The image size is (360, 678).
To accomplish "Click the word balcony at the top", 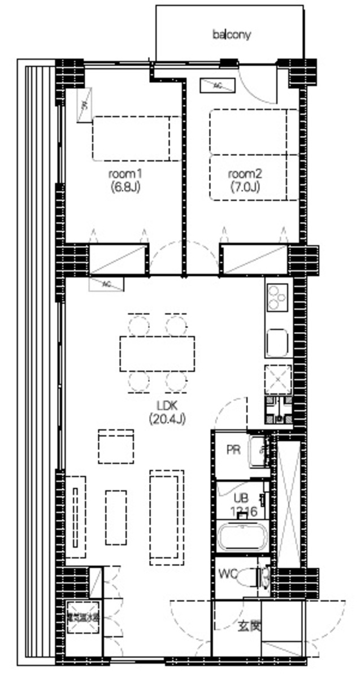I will pyautogui.click(x=231, y=35).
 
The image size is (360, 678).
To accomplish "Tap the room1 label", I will pyautogui.click(x=124, y=173).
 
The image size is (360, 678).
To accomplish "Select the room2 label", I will pyautogui.click(x=245, y=173).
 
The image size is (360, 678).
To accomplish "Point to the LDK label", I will pyautogui.click(x=167, y=405).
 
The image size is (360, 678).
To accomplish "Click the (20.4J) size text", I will pyautogui.click(x=167, y=419).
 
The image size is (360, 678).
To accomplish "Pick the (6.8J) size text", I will pyautogui.click(x=124, y=186).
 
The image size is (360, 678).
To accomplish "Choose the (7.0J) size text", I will pyautogui.click(x=245, y=186).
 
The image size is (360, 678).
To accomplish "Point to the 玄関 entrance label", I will pyautogui.click(x=249, y=626).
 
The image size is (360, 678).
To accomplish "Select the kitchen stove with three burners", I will pyautogui.click(x=277, y=297).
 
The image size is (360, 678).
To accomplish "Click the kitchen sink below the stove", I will pyautogui.click(x=277, y=342).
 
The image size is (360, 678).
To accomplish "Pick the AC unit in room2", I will pyautogui.click(x=217, y=86).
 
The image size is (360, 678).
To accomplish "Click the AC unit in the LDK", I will pyautogui.click(x=106, y=284).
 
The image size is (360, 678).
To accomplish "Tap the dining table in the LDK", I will pyautogui.click(x=157, y=354).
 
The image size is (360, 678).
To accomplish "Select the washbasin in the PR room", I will pyautogui.click(x=259, y=450).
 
